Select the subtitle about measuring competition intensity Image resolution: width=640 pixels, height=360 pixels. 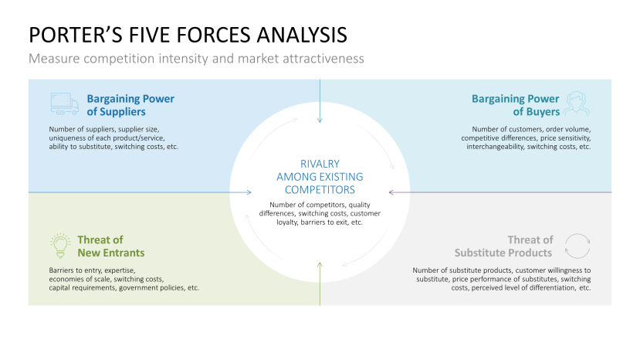196,59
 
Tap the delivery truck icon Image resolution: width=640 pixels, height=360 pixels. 64,104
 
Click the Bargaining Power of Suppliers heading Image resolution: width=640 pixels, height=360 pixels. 130,104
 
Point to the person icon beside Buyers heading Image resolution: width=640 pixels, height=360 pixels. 575,104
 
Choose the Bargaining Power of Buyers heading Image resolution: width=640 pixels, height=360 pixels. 515,104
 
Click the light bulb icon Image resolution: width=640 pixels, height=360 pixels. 59,246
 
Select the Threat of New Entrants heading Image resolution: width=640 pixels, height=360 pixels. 110,246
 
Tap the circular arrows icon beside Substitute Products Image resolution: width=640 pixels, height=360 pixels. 577,246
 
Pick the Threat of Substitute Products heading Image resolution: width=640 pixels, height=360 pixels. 503,246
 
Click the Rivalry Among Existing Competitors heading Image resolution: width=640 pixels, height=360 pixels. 320,176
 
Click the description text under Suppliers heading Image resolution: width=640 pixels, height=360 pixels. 113,138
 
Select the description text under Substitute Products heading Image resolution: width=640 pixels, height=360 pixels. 501,279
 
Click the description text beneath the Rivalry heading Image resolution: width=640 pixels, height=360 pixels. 320,213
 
